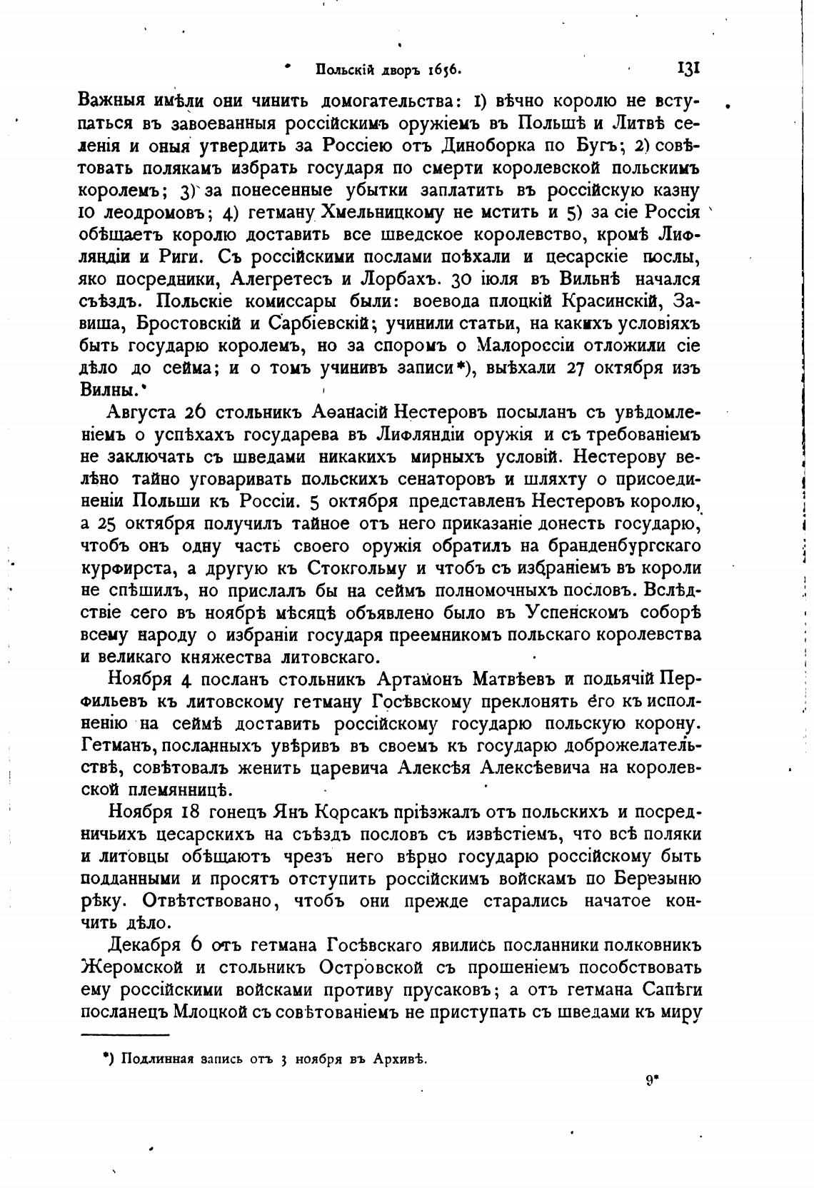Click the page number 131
click(687, 69)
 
